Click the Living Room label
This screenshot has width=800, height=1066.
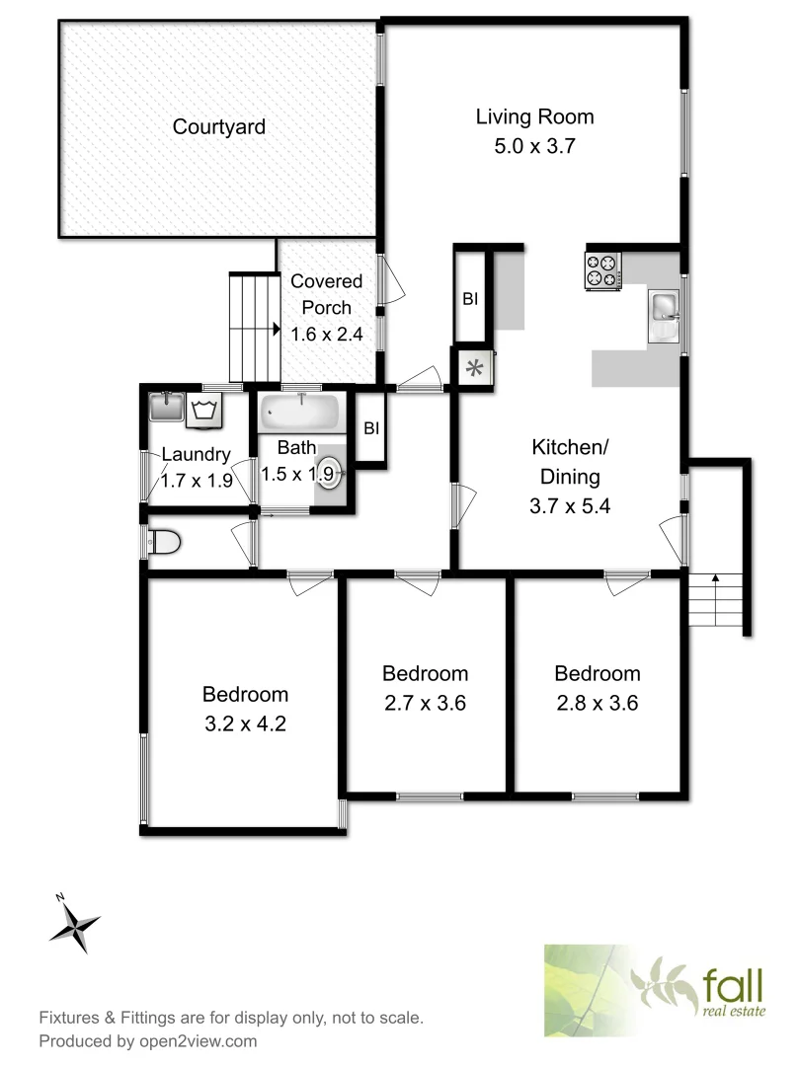534,117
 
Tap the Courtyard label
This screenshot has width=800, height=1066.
218,127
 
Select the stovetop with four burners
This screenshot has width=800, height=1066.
603,270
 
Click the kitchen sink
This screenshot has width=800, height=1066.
664,316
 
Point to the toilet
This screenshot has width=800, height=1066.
163,542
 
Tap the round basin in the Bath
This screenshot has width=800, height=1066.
329,475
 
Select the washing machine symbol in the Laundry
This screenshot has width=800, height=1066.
205,410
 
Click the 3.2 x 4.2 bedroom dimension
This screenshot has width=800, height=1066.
245,723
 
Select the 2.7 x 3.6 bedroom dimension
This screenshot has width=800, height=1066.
425,704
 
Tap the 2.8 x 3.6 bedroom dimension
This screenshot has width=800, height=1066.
597,704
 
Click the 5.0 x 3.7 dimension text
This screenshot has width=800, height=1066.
534,147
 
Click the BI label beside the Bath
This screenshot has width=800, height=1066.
371,428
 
